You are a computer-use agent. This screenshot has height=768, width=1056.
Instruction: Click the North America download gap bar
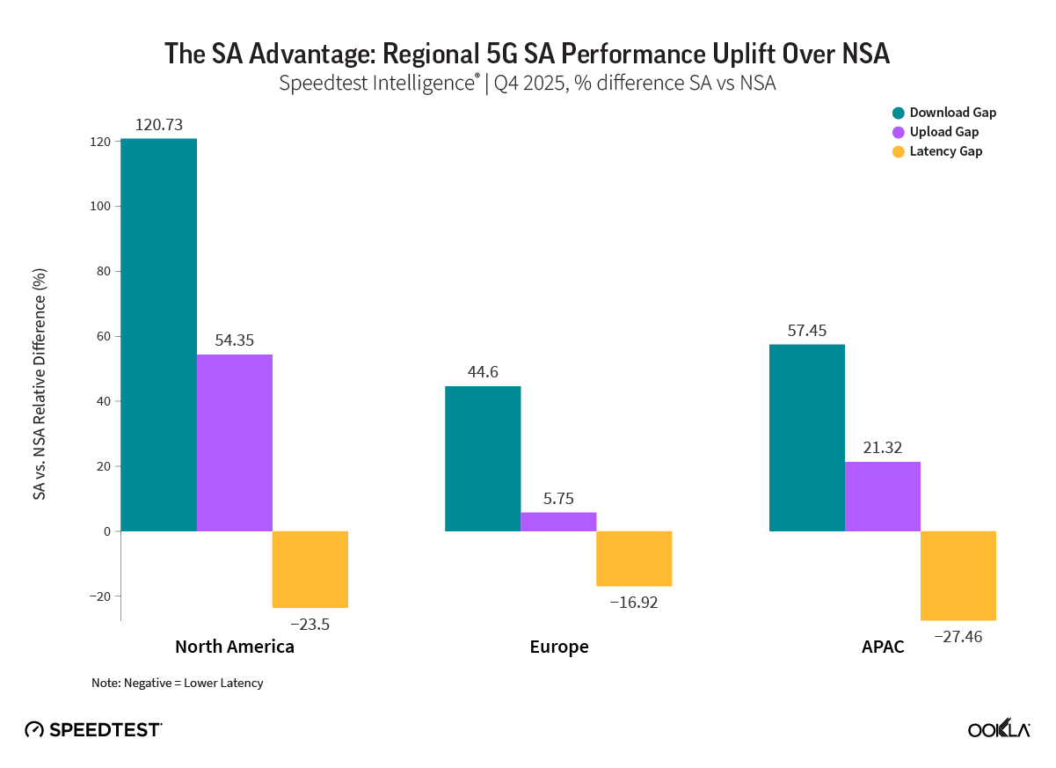[x=158, y=334]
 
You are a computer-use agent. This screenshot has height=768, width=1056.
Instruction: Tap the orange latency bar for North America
[x=310, y=569]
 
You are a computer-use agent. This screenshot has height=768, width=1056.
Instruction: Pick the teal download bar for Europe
[x=483, y=458]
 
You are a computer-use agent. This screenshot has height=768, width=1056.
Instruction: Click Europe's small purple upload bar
[x=558, y=522]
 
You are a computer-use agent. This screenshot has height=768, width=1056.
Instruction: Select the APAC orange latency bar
[x=958, y=575]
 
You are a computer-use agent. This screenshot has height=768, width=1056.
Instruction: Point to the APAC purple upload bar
[x=882, y=496]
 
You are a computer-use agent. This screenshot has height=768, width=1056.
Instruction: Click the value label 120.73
[x=158, y=125]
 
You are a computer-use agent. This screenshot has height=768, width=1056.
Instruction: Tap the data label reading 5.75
[x=558, y=499]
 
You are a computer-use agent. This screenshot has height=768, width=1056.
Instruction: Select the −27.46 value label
[x=958, y=633]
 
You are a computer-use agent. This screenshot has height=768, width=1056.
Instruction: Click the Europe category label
[x=559, y=647]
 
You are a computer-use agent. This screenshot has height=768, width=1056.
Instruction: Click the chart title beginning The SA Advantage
[x=528, y=54]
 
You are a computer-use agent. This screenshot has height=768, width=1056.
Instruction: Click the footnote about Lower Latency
[x=177, y=683]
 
